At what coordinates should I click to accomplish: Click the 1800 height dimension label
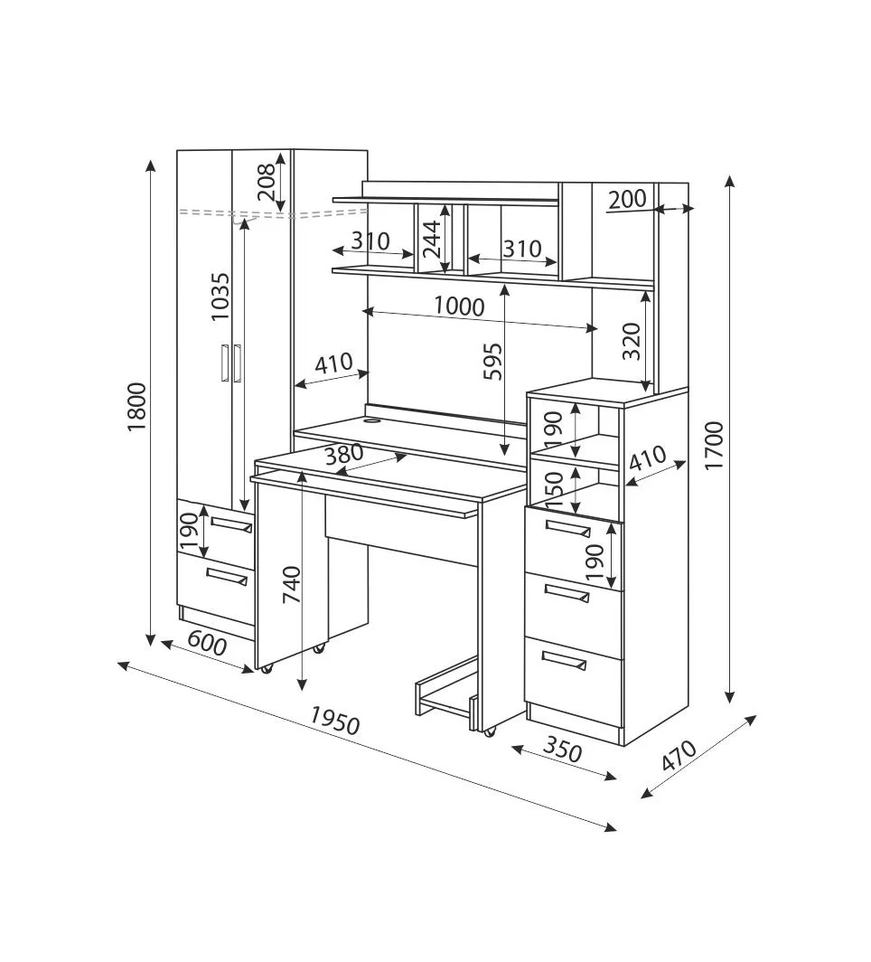[136, 408]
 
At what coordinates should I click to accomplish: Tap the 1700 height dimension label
[715, 444]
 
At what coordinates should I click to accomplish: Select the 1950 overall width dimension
[334, 720]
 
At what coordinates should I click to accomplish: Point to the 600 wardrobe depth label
[207, 646]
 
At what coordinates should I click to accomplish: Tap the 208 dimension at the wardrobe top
[265, 184]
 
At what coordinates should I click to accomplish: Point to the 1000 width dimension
[458, 307]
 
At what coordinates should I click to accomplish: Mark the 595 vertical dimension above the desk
[492, 363]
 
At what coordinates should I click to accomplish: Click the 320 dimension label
[632, 341]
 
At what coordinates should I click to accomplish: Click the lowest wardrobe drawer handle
[226, 576]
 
